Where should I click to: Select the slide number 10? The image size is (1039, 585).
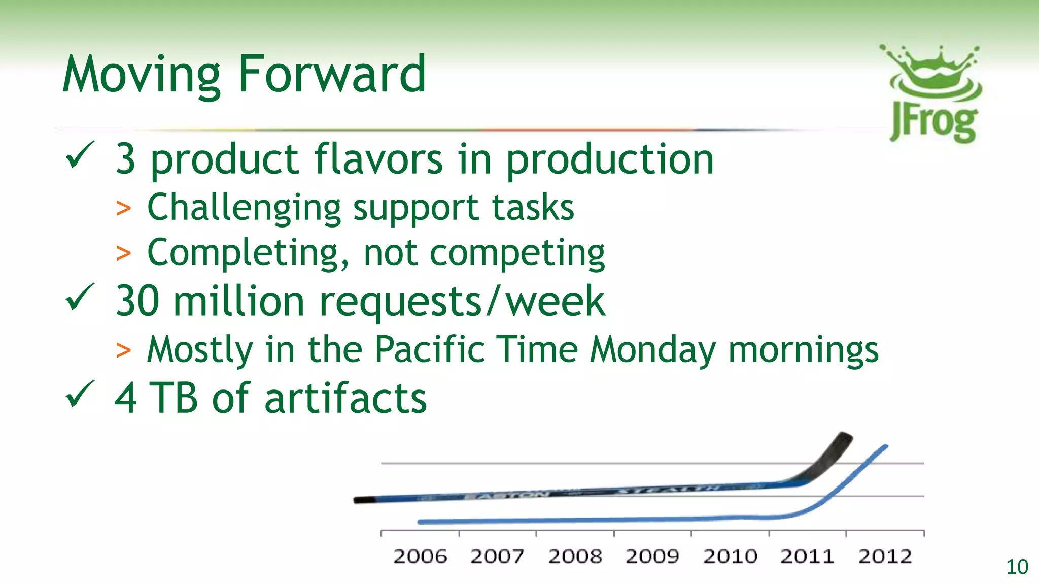coord(1017,567)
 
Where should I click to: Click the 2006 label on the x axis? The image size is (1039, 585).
coord(420,557)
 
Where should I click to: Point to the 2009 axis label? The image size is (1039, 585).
coord(652,557)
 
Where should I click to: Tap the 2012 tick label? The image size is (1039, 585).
coord(885,557)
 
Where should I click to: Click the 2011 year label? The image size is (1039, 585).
coord(807,557)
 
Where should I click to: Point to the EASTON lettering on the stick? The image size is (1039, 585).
coord(507,495)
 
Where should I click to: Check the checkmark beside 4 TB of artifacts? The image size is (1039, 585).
coord(80,394)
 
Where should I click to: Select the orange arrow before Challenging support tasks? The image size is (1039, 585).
coord(123,208)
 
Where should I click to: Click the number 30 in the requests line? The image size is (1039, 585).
coord(137,301)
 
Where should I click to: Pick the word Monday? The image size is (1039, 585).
coord(653,350)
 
